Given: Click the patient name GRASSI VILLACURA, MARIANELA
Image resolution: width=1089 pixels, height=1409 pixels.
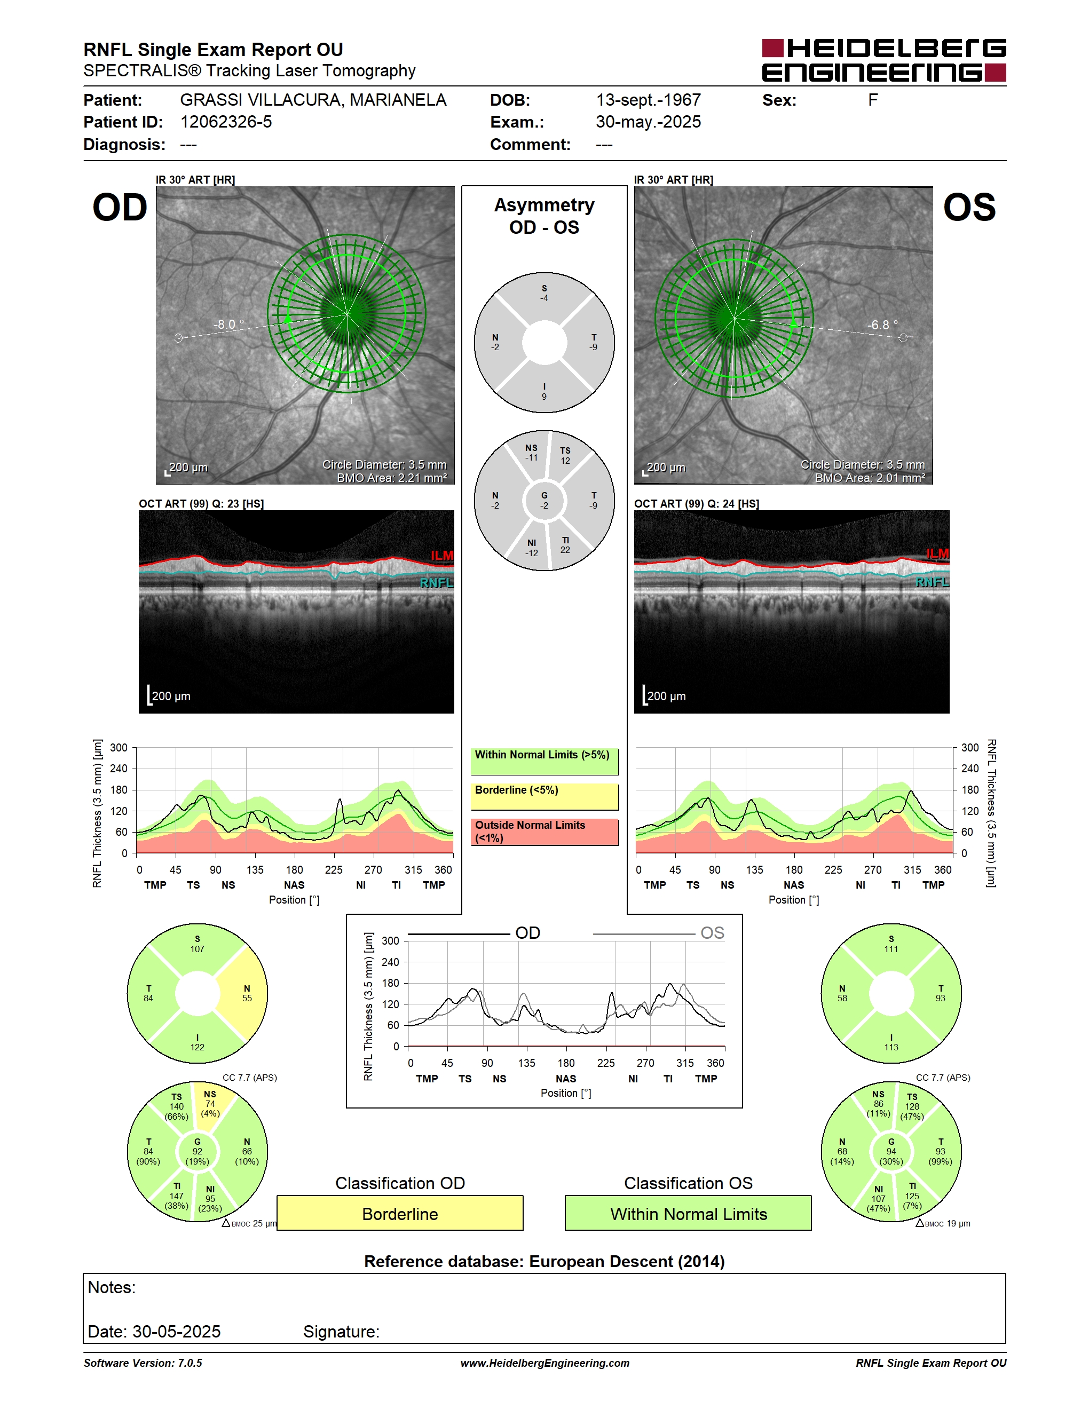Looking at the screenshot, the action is [313, 100].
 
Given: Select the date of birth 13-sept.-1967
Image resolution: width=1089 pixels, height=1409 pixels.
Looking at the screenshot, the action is [649, 100].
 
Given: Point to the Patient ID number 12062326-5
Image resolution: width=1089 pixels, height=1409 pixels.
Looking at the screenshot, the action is [226, 122].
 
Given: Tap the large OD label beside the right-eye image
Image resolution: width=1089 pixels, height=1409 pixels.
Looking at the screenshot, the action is [120, 208].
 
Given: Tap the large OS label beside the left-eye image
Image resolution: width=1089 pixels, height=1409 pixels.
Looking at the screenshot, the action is [969, 208].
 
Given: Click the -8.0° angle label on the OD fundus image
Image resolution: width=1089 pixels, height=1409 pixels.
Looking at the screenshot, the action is [229, 324].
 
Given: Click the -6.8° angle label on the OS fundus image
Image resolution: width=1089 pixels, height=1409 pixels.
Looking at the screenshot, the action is [882, 324].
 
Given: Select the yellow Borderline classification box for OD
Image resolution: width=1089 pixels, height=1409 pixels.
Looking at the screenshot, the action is [400, 1213].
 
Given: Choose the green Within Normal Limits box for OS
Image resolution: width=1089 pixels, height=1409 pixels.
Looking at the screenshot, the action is [689, 1213].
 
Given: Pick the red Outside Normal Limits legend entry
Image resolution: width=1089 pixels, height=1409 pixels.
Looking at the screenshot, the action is [544, 832].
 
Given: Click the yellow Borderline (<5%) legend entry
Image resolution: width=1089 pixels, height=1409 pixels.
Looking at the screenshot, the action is [544, 797].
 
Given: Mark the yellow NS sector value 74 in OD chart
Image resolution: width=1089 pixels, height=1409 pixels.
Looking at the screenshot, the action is [210, 1104].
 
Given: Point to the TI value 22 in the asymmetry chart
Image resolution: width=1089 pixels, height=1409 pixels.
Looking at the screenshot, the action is [565, 550].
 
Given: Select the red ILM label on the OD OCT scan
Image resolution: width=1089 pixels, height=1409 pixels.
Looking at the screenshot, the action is [442, 556].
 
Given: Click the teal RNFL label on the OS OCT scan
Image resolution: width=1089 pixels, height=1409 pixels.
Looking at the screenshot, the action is [932, 583].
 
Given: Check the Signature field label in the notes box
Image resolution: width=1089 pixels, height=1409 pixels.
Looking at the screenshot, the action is [341, 1332].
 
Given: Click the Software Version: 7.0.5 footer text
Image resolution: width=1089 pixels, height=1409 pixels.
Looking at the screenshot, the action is [143, 1363].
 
